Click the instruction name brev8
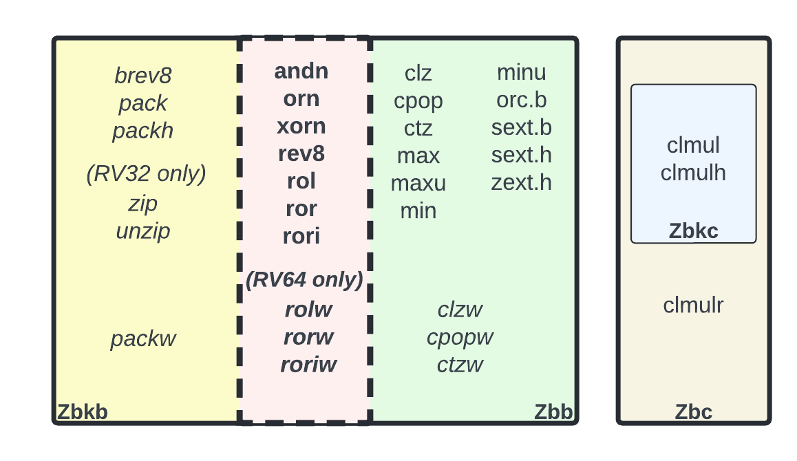tap(143, 76)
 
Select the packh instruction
tap(143, 131)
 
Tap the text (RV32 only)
tap(146, 173)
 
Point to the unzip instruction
tap(143, 231)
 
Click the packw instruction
tap(143, 339)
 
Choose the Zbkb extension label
tap(82, 412)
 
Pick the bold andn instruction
tap(301, 72)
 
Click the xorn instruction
tap(301, 127)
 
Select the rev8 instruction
tap(301, 154)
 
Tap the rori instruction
tap(301, 237)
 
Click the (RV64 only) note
tap(304, 280)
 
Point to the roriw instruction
tap(308, 365)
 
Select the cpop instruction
tap(418, 100)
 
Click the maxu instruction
tap(418, 183)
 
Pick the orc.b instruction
tap(522, 100)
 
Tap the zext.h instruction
tap(522, 182)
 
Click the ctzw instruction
tap(460, 365)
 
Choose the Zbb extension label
tap(553, 412)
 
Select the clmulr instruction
tap(693, 305)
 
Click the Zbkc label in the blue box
tap(693, 231)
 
